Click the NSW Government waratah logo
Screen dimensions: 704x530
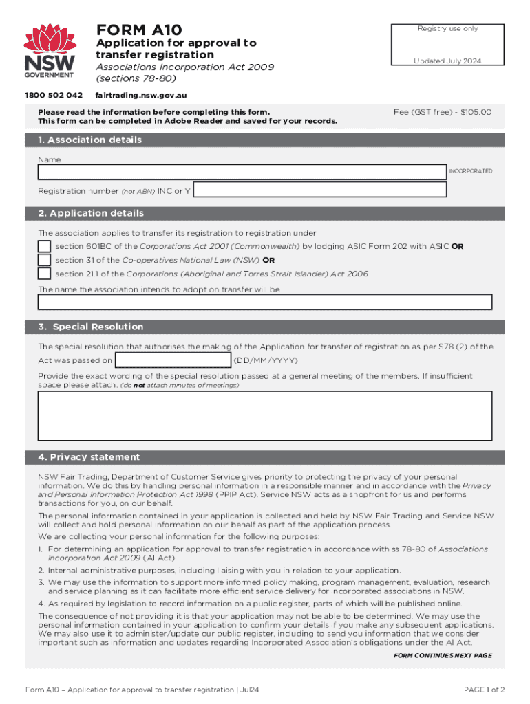click(49, 52)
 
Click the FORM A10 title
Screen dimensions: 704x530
click(139, 30)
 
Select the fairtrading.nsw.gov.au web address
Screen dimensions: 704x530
click(141, 95)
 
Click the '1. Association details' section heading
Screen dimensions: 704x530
click(91, 140)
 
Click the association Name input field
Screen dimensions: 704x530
click(242, 173)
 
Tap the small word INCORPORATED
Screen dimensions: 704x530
click(471, 171)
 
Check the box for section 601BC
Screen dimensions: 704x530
click(44, 246)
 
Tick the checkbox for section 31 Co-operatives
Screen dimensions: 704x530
click(44, 260)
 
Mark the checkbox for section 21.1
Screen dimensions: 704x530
click(44, 274)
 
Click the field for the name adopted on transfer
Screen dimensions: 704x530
click(265, 302)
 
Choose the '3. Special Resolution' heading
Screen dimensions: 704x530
click(92, 327)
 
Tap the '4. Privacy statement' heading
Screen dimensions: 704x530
click(89, 457)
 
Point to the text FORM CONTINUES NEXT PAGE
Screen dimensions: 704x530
click(443, 656)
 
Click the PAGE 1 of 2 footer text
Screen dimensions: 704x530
click(485, 690)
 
